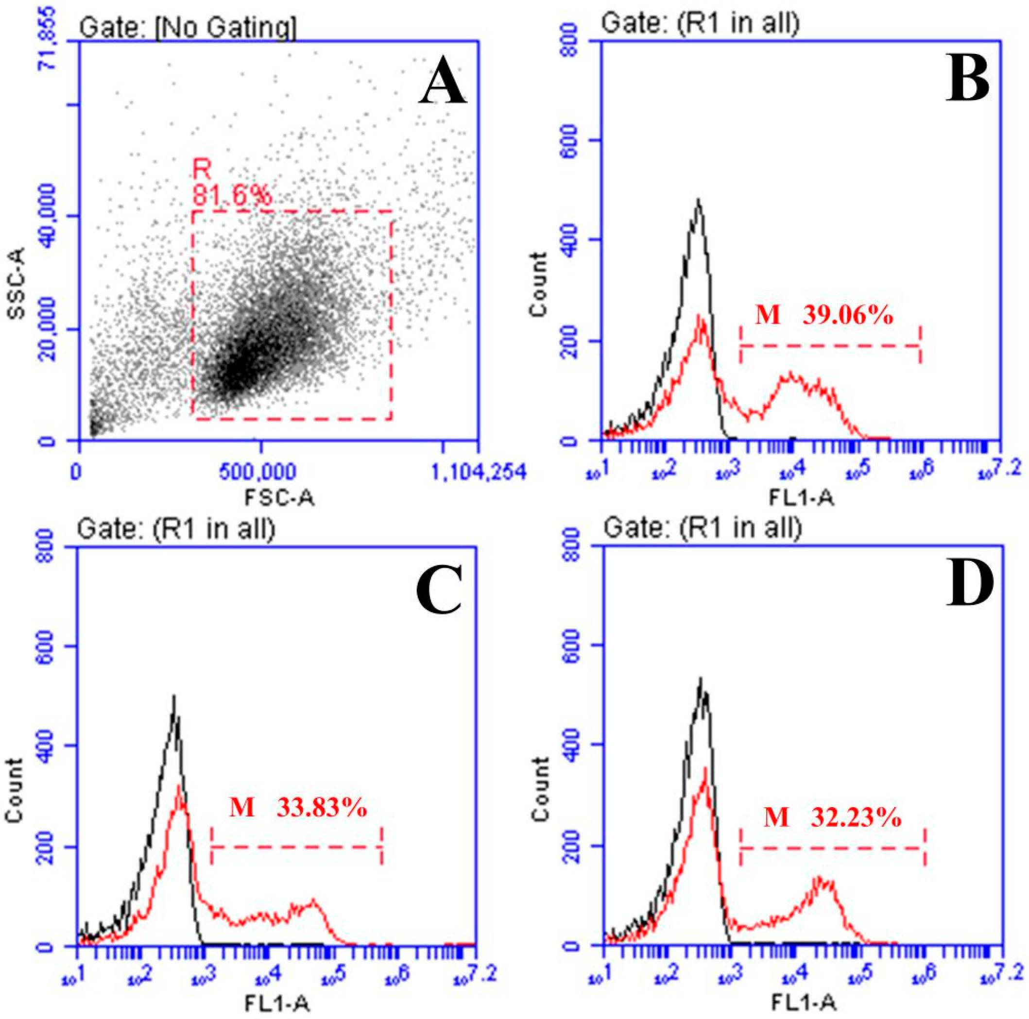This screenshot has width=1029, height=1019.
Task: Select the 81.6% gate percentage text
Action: (x=232, y=196)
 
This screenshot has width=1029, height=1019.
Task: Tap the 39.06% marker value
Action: (x=848, y=316)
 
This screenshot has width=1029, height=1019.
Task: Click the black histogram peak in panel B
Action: (x=698, y=201)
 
